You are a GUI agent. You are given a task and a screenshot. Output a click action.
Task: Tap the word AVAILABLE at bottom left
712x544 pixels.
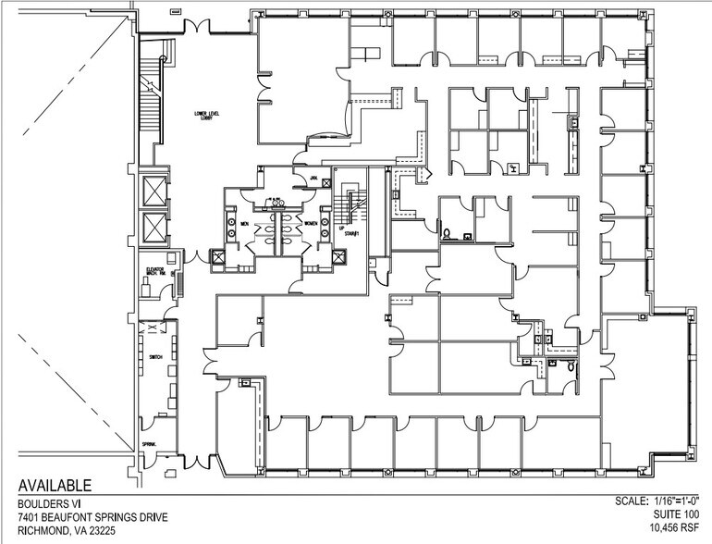pos(55,486)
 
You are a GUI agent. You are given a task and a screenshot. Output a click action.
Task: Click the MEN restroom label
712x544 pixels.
pos(245,224)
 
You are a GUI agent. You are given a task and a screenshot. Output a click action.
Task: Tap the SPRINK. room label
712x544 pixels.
pos(150,445)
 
